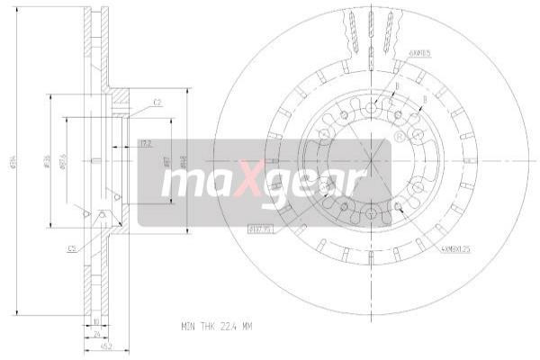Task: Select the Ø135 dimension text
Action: [48, 163]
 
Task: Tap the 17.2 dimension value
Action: [145, 142]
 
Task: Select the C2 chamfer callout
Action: [157, 103]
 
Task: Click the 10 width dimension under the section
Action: [95, 319]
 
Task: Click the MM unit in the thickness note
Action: [249, 325]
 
